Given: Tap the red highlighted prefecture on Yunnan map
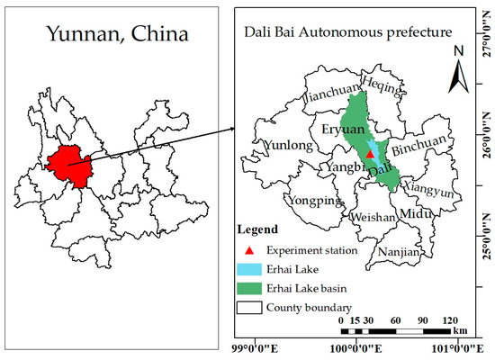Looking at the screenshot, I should [71, 162].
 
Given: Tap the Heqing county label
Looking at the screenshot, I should [377, 82].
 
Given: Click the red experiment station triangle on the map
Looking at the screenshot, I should [369, 154].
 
